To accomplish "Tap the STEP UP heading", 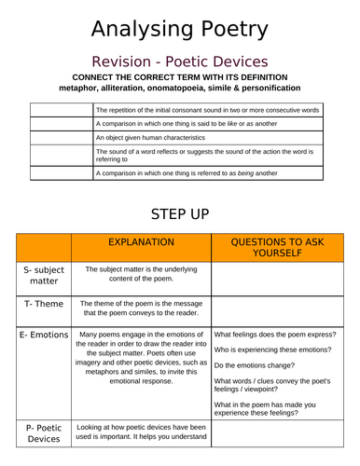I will [180, 213].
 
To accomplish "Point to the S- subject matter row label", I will [43, 275].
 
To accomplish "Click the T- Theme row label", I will [43, 304].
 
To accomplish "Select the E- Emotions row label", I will [43, 334].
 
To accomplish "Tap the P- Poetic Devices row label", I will [43, 432].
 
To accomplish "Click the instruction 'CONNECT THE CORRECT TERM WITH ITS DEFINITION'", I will [180, 76].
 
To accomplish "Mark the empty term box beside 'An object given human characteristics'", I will [62, 137].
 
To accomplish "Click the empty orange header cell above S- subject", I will [43, 247].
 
